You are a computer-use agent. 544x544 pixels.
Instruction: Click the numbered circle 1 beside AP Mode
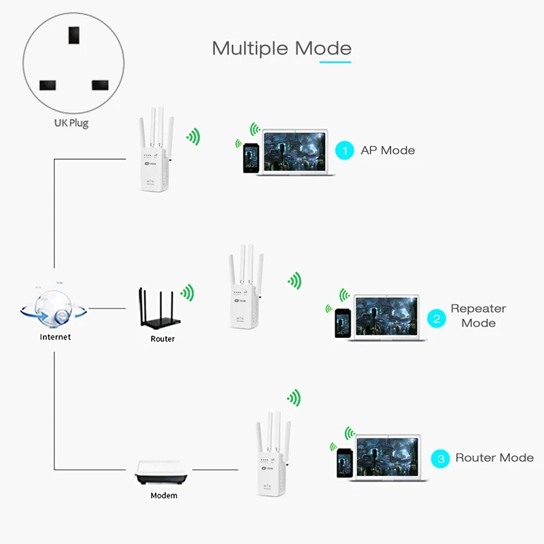point(345,150)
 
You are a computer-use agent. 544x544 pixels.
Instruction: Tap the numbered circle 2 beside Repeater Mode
point(436,317)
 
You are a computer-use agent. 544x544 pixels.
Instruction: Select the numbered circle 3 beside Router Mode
point(441,458)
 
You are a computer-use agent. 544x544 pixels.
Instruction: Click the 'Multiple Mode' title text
point(282,49)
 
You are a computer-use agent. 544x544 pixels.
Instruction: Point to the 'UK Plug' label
point(71,123)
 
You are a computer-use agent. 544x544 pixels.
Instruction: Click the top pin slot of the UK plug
point(71,35)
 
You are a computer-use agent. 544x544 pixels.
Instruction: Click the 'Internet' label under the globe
point(55,337)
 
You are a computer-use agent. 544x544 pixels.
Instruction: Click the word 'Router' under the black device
point(163,339)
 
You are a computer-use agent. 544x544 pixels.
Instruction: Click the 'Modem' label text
point(164,496)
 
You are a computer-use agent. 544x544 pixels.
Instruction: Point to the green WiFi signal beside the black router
point(188,292)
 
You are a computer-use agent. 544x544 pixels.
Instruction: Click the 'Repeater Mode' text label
point(478,316)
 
